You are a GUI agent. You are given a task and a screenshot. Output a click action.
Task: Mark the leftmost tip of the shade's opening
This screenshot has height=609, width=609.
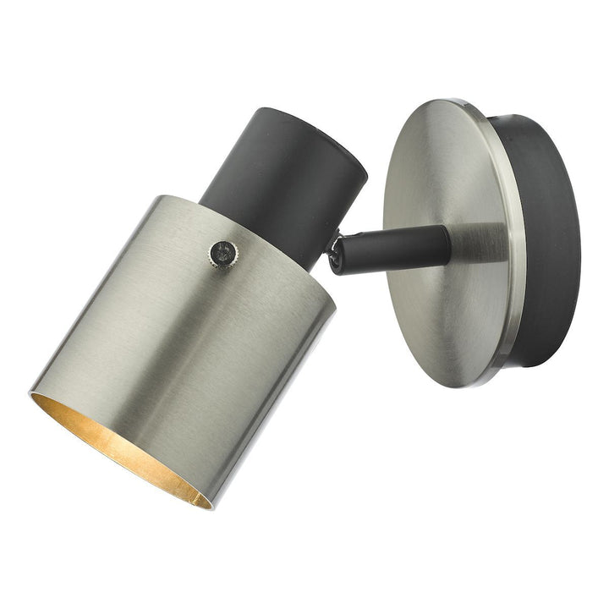[30, 394]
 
